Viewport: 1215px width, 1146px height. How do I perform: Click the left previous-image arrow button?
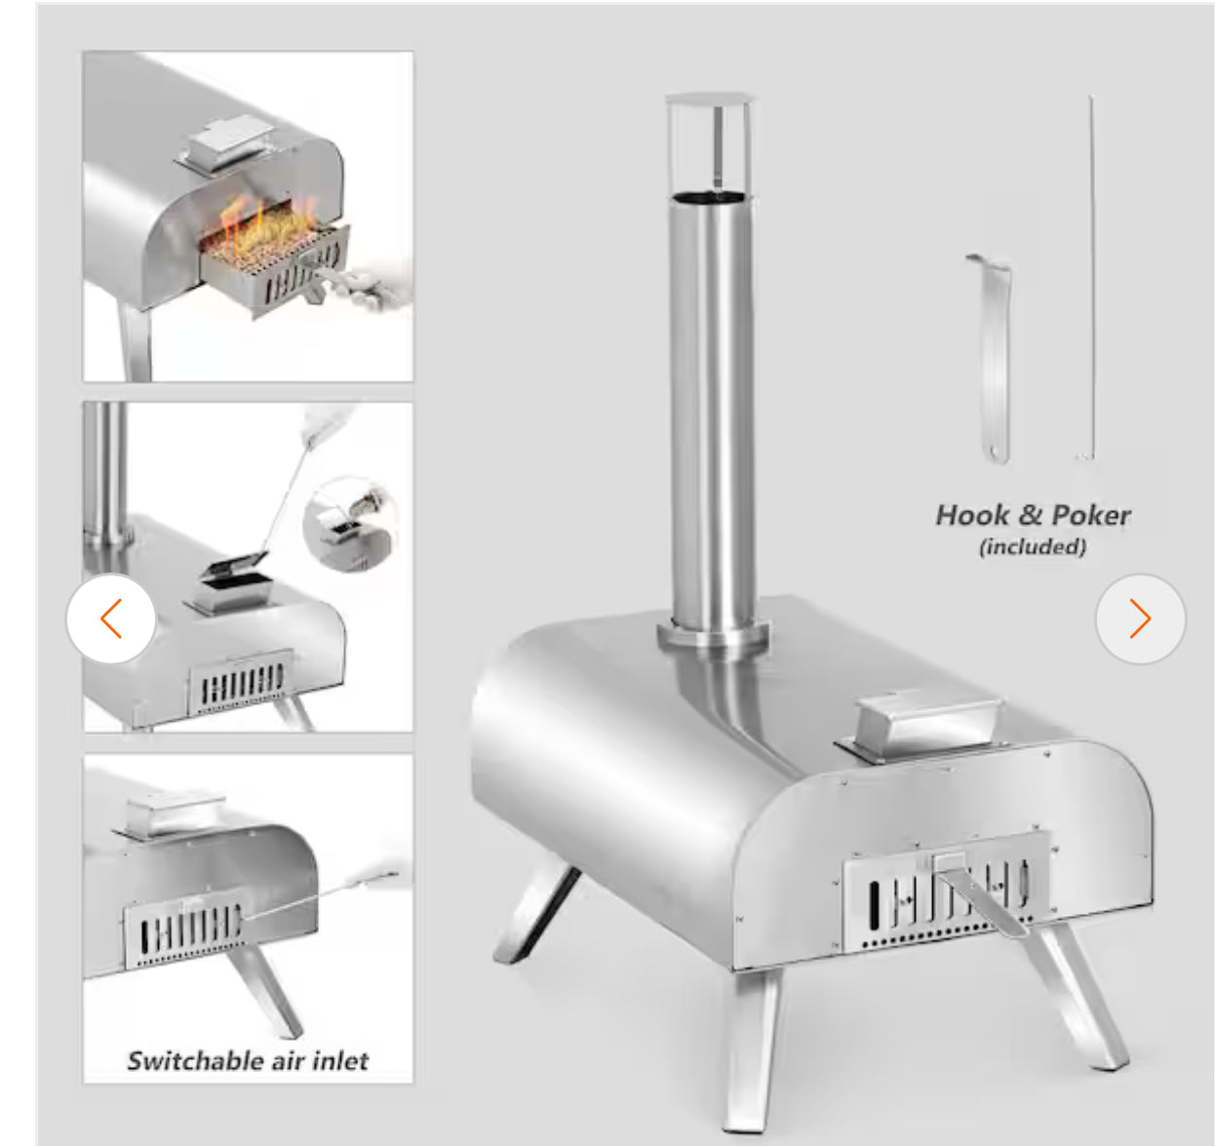coord(111,618)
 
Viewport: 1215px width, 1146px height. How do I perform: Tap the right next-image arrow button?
coord(1140,618)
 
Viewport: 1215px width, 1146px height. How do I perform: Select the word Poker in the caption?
coord(1091,515)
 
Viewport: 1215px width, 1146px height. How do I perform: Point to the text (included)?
coord(1033,547)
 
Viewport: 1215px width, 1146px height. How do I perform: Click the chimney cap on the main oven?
coord(709,99)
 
